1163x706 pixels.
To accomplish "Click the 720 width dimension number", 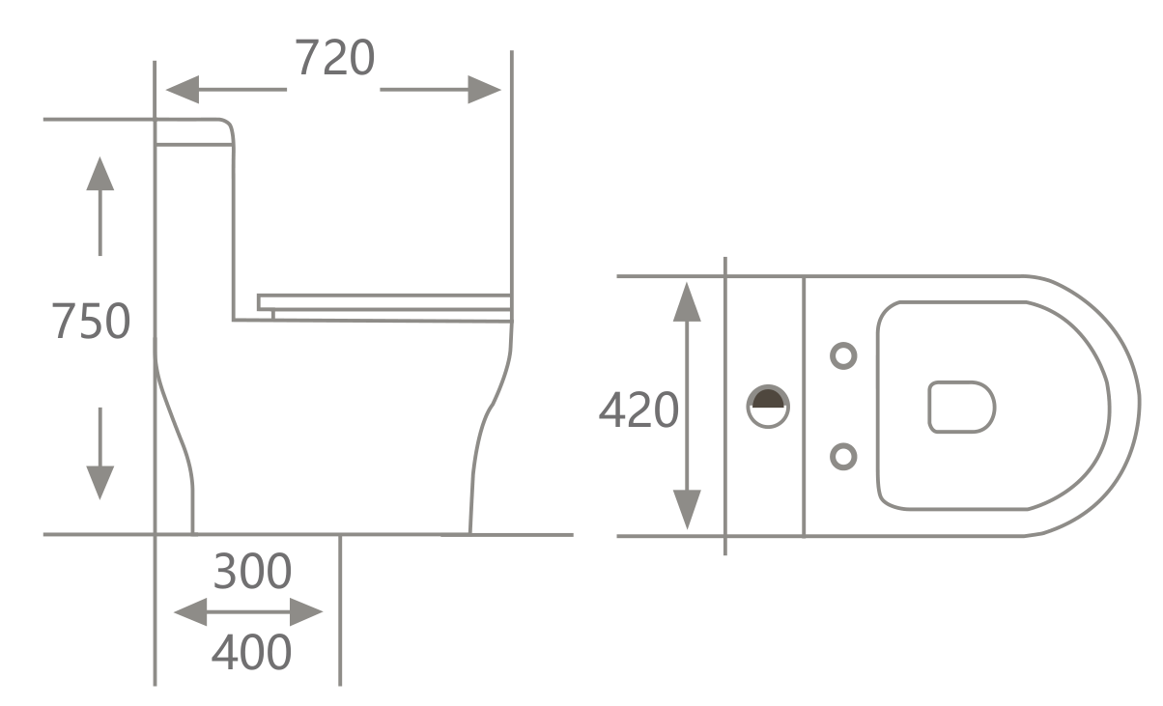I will [x=334, y=59].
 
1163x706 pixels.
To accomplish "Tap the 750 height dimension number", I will [x=90, y=322].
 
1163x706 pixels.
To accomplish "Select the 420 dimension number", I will [x=638, y=410].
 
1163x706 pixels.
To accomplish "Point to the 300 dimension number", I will [x=251, y=572].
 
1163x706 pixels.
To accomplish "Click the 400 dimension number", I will [x=251, y=653].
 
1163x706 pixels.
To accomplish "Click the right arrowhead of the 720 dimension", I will [x=485, y=90].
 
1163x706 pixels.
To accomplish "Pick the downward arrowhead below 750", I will [x=99, y=482].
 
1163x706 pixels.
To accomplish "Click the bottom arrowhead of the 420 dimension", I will [x=687, y=509].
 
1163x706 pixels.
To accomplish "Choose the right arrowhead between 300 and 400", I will [x=306, y=611].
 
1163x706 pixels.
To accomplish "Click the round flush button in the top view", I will [x=768, y=406].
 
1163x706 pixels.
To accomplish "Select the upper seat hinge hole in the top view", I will [x=843, y=355].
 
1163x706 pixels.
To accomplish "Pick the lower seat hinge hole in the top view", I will [x=843, y=456].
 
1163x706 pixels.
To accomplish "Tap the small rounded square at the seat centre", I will [x=961, y=407].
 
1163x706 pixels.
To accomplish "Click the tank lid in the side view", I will [x=194, y=132].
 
